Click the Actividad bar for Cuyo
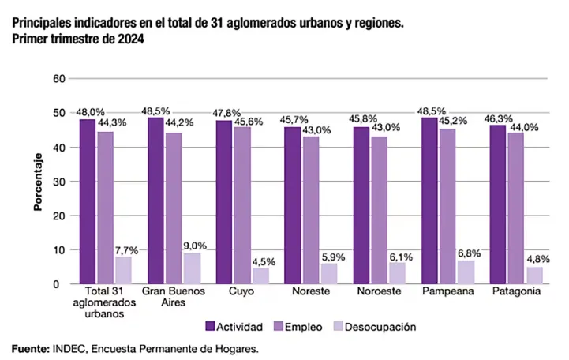click(x=224, y=202)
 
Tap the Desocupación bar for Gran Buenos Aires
click(x=192, y=268)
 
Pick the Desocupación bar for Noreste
click(x=329, y=273)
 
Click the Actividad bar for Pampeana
click(x=429, y=201)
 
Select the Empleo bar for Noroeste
click(x=380, y=210)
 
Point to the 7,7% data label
click(x=126, y=250)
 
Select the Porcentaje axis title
click(x=37, y=182)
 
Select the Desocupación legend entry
click(x=376, y=326)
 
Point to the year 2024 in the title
click(x=130, y=38)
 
